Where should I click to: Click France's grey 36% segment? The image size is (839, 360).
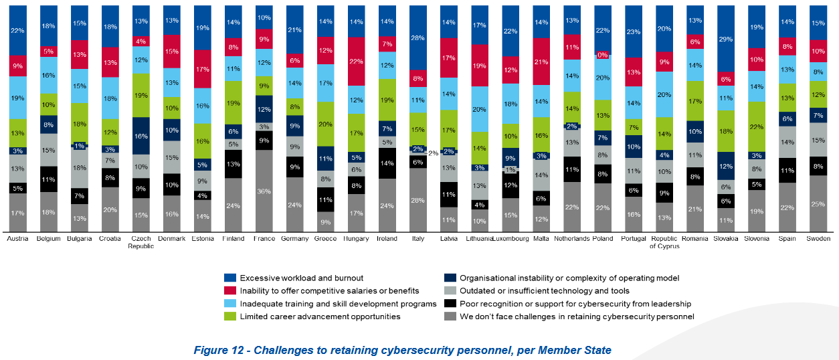point(264,191)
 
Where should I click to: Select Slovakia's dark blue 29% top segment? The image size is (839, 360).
point(727,38)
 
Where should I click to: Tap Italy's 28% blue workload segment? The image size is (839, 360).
point(417,37)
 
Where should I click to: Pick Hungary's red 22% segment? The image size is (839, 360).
point(357,61)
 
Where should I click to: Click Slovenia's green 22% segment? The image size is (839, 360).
point(757,126)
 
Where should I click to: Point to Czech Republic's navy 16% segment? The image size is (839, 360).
point(141,136)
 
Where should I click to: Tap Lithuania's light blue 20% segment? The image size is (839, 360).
point(479,109)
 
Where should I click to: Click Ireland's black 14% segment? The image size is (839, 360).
point(387,163)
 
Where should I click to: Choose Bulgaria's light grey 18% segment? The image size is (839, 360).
point(80,169)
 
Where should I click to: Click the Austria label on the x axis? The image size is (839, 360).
point(17,239)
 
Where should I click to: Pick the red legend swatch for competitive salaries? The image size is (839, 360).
point(230,290)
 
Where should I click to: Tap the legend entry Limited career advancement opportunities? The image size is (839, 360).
point(320,317)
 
